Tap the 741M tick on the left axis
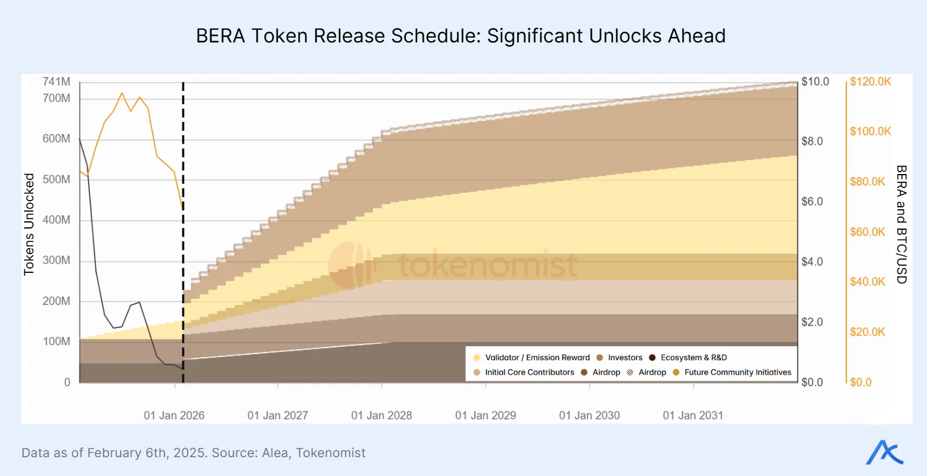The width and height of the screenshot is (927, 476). point(56,81)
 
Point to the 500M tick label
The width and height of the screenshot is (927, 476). point(56,179)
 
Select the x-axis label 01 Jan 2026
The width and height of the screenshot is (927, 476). point(174,415)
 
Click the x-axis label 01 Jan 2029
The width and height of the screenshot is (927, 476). point(486,415)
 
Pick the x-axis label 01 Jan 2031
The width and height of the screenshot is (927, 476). point(693,415)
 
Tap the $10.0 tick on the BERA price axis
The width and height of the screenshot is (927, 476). point(815,81)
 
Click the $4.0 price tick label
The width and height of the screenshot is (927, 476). point(812,261)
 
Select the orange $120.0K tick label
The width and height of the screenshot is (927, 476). point(870,81)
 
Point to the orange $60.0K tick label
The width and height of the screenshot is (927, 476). point(868,232)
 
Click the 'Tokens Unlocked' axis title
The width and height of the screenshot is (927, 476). point(28,224)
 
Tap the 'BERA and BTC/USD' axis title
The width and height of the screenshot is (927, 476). point(901,224)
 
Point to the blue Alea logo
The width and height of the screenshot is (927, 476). point(884,452)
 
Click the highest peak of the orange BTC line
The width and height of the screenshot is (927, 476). point(122,93)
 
